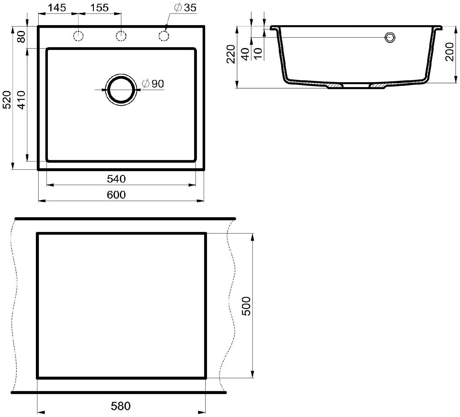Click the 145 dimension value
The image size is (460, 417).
tap(57, 8)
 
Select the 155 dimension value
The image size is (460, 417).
tap(99, 8)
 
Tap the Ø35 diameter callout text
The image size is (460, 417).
tap(185, 8)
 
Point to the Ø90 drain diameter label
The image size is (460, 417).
tap(153, 84)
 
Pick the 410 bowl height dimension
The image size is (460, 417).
tap(21, 100)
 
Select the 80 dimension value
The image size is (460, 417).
tap(21, 37)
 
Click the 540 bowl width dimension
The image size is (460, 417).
tap(116, 179)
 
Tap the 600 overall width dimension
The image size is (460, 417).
tap(116, 195)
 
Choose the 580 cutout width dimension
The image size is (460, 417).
tap(121, 406)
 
